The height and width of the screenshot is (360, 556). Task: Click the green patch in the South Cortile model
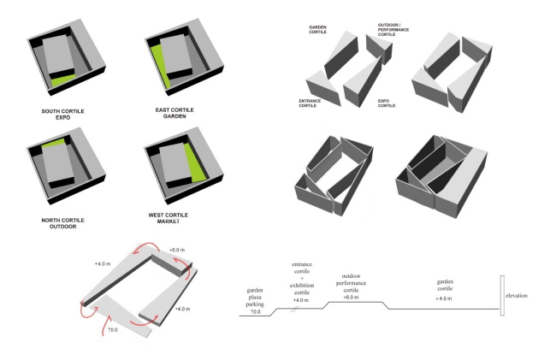[x=61, y=80]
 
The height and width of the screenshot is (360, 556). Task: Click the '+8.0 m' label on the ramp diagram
[x=178, y=250]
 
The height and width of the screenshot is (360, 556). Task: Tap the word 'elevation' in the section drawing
[x=517, y=295]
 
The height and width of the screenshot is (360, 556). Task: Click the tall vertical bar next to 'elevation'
[x=503, y=295]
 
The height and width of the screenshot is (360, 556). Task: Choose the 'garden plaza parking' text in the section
[x=255, y=297]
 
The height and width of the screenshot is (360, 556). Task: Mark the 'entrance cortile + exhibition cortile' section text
[x=299, y=281]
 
